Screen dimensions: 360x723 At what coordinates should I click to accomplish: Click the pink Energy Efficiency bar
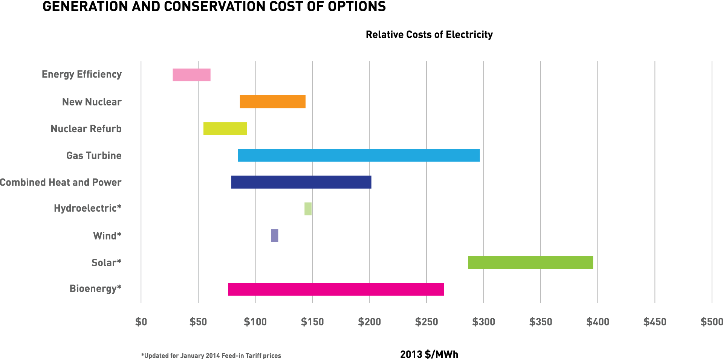191,75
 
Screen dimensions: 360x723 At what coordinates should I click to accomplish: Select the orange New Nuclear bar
272,102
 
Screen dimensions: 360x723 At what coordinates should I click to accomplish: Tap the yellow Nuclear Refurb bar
225,129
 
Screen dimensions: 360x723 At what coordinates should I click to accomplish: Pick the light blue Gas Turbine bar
359,156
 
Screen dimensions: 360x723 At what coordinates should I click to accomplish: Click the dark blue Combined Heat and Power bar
301,182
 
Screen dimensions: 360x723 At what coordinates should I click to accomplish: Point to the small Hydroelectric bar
308,209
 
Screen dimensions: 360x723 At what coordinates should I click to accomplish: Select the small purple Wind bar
275,236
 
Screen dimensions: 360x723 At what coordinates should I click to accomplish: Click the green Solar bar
530,262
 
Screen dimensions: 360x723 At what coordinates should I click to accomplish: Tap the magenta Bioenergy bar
336,289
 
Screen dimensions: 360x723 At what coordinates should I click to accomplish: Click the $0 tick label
141,322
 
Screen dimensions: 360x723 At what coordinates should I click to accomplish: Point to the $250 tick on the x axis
426,322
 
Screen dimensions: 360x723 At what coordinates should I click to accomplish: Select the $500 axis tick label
711,322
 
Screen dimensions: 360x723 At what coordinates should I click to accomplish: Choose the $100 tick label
255,322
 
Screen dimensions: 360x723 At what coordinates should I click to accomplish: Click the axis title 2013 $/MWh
429,354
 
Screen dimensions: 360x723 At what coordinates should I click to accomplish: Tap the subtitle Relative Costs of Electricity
429,35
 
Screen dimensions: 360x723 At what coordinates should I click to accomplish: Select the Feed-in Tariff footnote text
211,355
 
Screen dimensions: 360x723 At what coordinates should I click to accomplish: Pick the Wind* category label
107,236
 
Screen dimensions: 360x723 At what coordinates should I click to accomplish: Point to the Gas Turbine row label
94,156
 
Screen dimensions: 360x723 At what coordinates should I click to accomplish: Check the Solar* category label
106,262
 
